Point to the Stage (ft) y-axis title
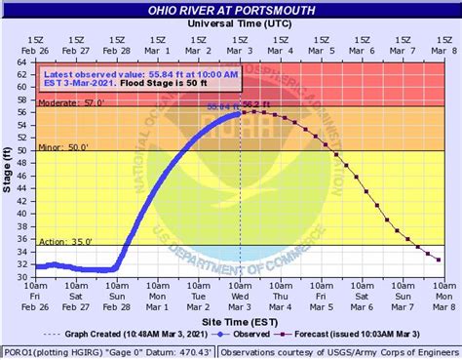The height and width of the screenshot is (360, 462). point(9,167)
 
